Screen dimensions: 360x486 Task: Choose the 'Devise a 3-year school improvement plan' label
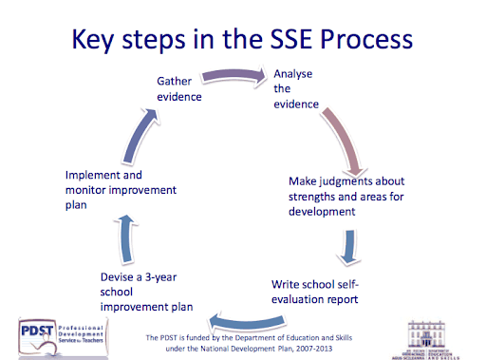tap(147, 292)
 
